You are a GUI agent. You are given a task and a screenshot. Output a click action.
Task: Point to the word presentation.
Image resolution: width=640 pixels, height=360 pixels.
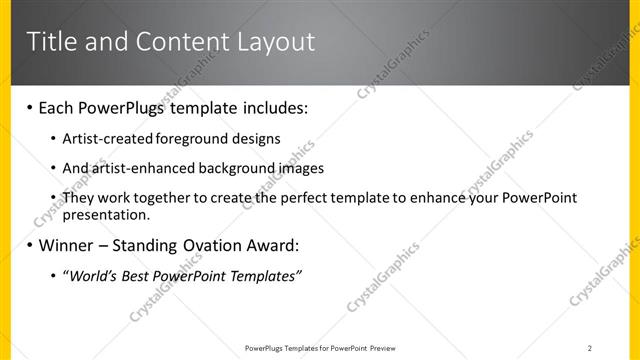(106, 214)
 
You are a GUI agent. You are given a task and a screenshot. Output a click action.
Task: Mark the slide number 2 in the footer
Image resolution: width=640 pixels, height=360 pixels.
(590, 347)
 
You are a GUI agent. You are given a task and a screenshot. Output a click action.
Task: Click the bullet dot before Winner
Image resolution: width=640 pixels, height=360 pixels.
(29, 245)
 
